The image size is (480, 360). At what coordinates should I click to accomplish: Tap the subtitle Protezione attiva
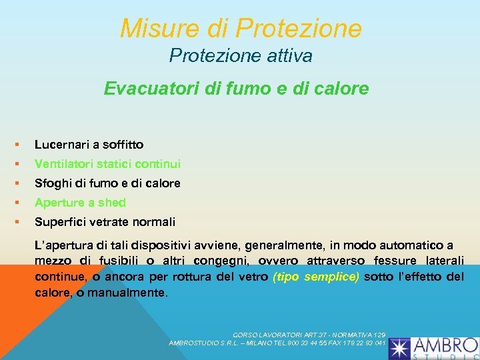click(241, 56)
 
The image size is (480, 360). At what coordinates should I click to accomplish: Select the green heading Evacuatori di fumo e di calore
click(236, 89)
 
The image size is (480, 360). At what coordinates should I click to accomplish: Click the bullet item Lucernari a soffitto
click(89, 145)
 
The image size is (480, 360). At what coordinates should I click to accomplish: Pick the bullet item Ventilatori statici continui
click(107, 164)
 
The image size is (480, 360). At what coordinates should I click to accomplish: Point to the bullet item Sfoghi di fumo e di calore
click(107, 183)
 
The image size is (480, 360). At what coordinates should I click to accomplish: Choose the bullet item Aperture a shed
click(80, 203)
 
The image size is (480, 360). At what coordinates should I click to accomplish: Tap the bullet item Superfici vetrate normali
click(105, 222)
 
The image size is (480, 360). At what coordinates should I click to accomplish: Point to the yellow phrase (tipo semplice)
click(316, 277)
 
